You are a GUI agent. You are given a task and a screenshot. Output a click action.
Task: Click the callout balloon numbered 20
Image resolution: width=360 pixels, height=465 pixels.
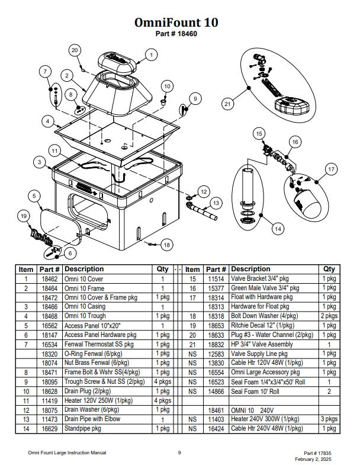point(75,50)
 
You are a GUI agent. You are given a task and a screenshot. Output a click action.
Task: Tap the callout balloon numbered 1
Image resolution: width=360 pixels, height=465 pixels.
point(151,55)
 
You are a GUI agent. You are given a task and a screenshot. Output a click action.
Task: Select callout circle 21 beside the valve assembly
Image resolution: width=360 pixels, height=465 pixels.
point(227,104)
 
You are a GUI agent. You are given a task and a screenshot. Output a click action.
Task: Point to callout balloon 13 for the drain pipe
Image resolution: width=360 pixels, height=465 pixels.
point(216,203)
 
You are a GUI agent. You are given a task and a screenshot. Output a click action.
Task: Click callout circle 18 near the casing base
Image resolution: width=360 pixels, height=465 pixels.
point(166,245)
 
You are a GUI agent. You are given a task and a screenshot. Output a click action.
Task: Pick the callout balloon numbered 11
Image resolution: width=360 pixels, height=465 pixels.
point(54,151)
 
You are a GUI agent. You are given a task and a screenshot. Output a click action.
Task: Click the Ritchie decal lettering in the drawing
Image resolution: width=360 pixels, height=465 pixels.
point(41,236)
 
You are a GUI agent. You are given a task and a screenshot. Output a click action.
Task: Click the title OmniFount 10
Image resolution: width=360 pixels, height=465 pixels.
point(176,23)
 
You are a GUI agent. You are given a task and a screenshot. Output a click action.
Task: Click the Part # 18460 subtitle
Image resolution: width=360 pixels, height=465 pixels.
point(176,34)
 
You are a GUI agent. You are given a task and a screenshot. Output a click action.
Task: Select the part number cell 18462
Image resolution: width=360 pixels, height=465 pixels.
point(50,279)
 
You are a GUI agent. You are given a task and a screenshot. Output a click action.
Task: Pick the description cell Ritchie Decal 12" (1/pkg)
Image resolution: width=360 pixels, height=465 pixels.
point(263,325)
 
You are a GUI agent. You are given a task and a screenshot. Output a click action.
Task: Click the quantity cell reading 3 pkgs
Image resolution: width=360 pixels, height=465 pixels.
point(329,419)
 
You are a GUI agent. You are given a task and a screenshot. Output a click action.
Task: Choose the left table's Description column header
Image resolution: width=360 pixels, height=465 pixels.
point(84,269)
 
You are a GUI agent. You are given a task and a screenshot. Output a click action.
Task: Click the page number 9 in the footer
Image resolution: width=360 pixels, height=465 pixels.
point(179,453)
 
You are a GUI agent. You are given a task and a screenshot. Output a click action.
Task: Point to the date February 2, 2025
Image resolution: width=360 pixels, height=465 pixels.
point(313,459)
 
